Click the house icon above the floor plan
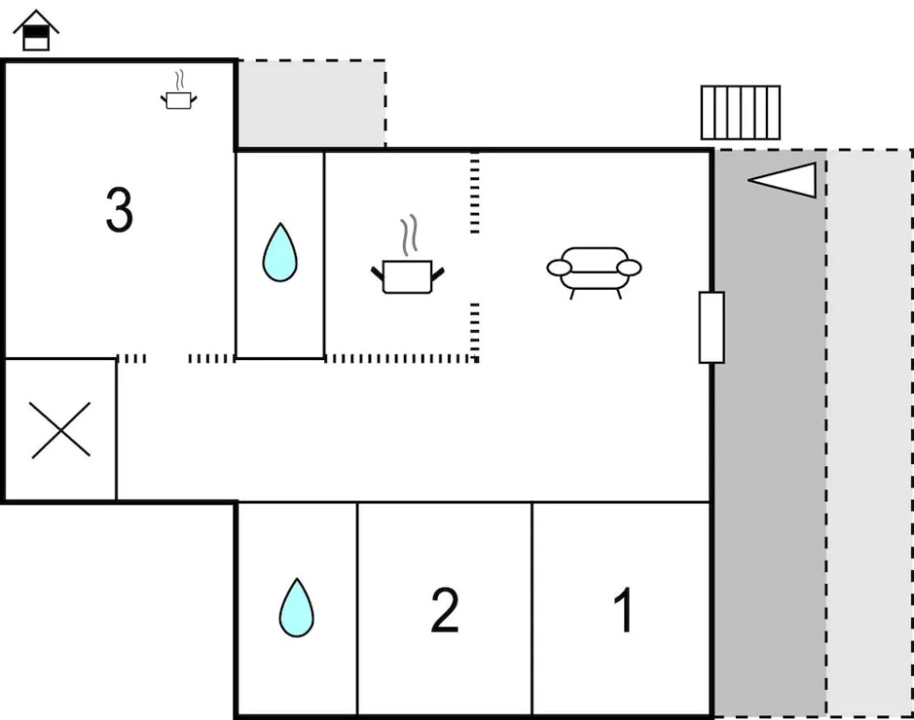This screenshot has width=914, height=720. [36, 31]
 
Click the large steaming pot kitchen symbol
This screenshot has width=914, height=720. [408, 276]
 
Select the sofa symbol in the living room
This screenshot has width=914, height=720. [594, 271]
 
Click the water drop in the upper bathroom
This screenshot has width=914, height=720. [279, 252]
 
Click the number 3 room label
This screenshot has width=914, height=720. [119, 211]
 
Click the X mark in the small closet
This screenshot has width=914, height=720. [61, 430]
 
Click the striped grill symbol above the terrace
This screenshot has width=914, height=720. [741, 112]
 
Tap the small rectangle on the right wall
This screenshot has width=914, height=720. [712, 327]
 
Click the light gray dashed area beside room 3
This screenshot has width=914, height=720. [310, 103]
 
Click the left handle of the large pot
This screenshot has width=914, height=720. [378, 273]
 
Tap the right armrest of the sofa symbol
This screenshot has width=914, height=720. [629, 267]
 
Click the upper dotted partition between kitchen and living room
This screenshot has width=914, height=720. [474, 193]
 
